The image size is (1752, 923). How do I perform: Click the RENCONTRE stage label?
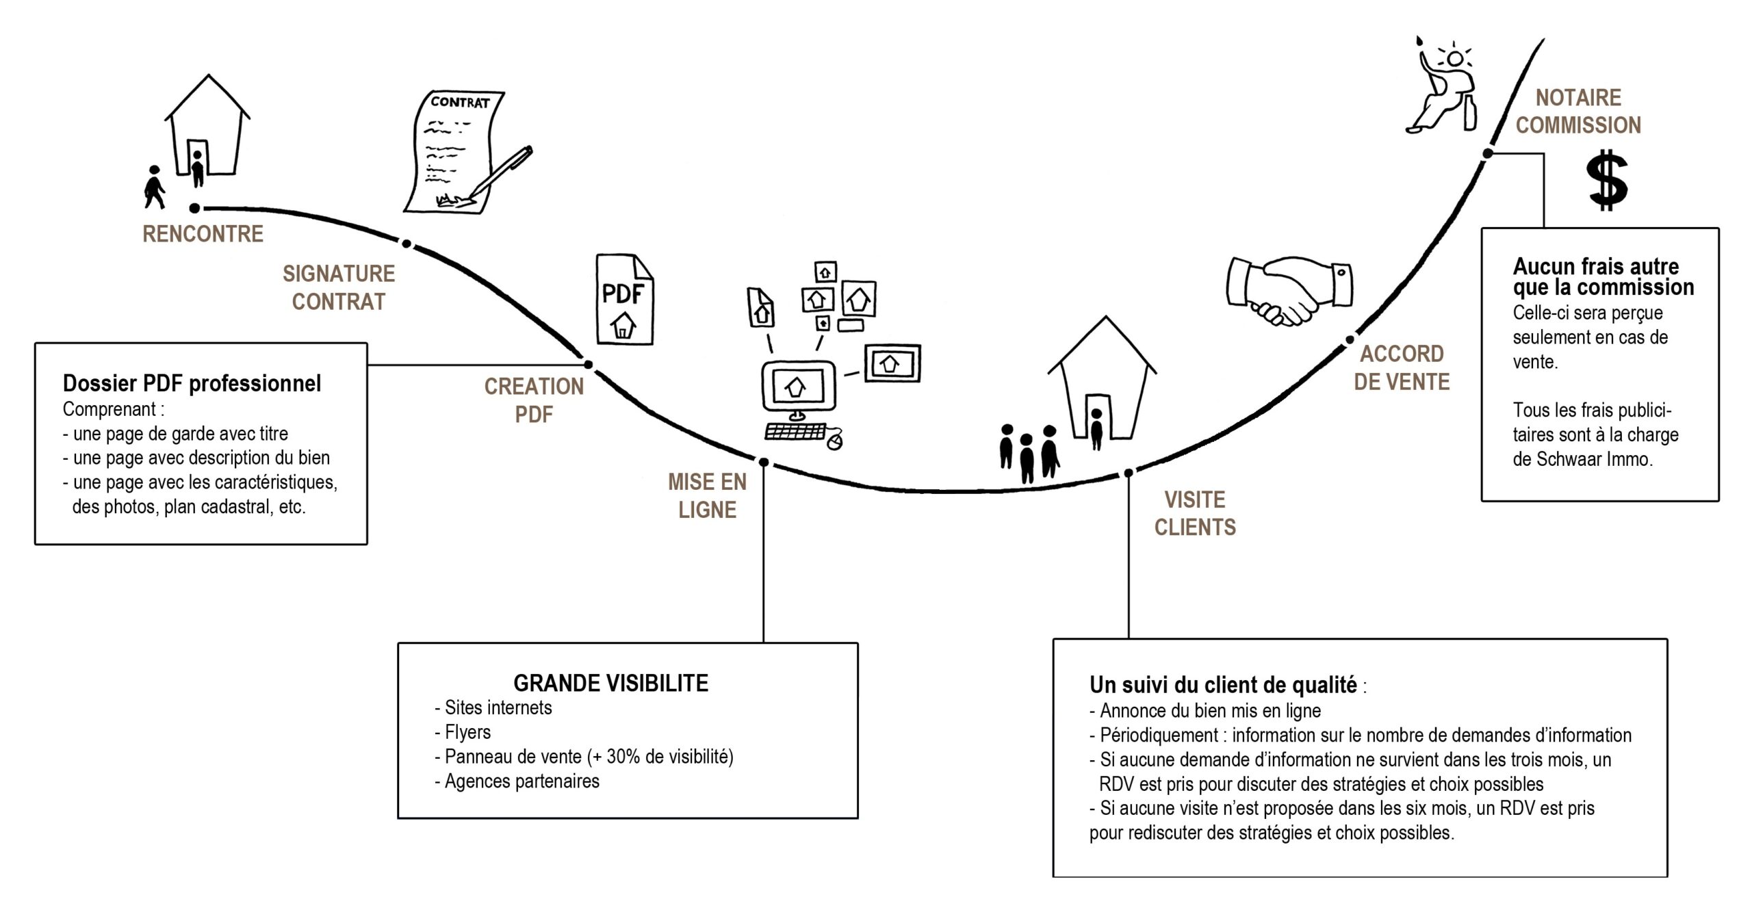coord(203,234)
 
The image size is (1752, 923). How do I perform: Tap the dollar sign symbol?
coord(1607,181)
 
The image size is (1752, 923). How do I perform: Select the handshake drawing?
coord(1289,289)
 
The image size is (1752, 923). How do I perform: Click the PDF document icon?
coord(624,300)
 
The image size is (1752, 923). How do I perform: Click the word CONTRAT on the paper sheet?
coord(460,103)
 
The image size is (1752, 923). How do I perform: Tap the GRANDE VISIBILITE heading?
coord(610,683)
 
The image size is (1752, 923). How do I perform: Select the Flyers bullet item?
coord(467,732)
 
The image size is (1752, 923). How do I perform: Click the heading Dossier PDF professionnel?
coord(192,383)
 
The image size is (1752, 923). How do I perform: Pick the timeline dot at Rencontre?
coord(195,208)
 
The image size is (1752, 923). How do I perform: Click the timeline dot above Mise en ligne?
coord(764,463)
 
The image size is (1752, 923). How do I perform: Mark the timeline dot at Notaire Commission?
coord(1487,154)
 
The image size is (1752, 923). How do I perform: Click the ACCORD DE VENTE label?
coord(1402,367)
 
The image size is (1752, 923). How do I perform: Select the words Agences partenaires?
coord(521,781)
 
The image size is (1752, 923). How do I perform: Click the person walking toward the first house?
coord(155,187)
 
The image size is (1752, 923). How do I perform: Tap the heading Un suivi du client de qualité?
coord(1223,685)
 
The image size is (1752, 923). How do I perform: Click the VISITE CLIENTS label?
coord(1195,513)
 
